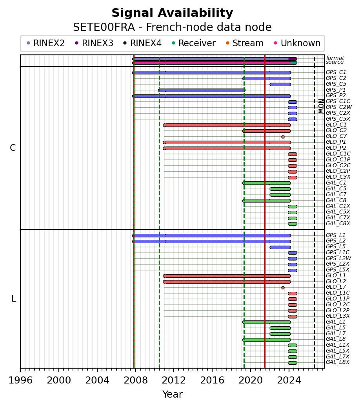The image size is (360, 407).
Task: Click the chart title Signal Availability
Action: pyautogui.click(x=172, y=13)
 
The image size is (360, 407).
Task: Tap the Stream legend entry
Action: pyautogui.click(x=245, y=43)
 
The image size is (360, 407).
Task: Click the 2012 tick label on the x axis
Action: pyautogui.click(x=173, y=380)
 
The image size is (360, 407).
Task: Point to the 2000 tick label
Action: pyautogui.click(x=59, y=380)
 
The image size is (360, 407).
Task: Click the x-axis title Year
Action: pyautogui.click(x=172, y=394)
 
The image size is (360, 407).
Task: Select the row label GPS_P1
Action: pyautogui.click(x=336, y=90)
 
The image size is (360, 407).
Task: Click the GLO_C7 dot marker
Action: pyautogui.click(x=283, y=137)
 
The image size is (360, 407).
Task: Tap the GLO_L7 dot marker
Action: pyautogui.click(x=283, y=288)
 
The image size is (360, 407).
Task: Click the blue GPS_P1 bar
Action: pyautogui.click(x=202, y=90)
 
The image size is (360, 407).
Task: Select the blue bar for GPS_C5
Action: pyautogui.click(x=280, y=84)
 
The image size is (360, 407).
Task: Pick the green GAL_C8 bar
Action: pyautogui.click(x=267, y=201)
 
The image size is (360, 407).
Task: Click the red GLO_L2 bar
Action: pyautogui.click(x=227, y=282)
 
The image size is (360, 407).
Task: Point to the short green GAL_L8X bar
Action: pyautogui.click(x=293, y=363)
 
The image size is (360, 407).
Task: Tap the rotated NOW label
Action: pyautogui.click(x=322, y=106)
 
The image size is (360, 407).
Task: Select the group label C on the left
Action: pyautogui.click(x=13, y=148)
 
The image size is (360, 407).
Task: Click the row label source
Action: pyautogui.click(x=335, y=62)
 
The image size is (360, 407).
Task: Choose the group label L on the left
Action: pyautogui.click(x=14, y=299)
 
